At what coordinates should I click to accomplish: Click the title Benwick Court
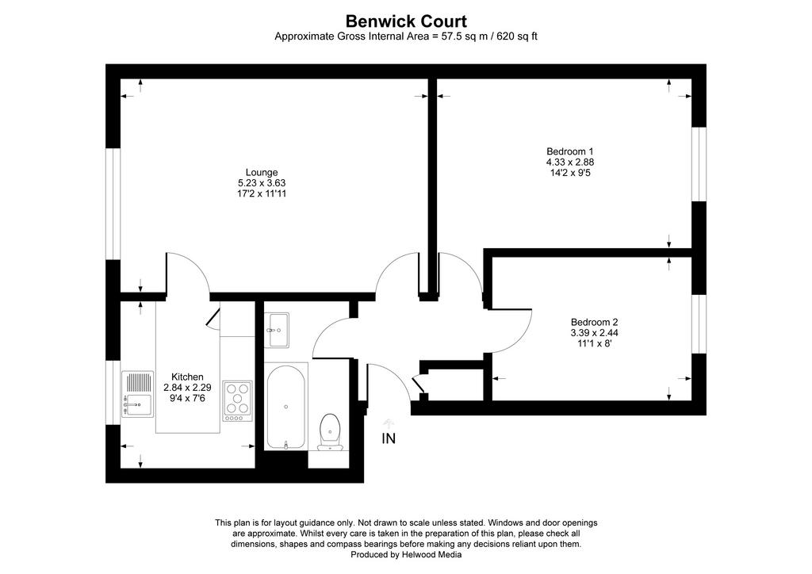406,21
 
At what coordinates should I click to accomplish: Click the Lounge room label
262,172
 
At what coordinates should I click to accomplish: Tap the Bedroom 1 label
569,151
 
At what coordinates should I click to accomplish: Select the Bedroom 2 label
595,322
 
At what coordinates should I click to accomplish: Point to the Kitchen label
187,377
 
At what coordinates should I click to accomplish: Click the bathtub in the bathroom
285,407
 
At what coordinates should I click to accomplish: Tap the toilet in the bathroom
330,432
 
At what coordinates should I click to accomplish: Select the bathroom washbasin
277,329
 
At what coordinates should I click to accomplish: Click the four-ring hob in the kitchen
238,400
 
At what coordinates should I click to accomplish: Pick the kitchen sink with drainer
138,394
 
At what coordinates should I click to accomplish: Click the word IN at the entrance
389,438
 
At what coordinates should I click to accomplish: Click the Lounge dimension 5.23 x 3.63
262,182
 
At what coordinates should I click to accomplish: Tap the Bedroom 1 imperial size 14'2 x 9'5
569,172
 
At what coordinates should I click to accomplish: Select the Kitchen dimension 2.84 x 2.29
187,387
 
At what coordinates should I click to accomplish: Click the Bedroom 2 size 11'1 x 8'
595,342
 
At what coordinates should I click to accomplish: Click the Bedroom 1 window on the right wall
699,163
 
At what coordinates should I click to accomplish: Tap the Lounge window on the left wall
113,204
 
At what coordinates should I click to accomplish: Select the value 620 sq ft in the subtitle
517,36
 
